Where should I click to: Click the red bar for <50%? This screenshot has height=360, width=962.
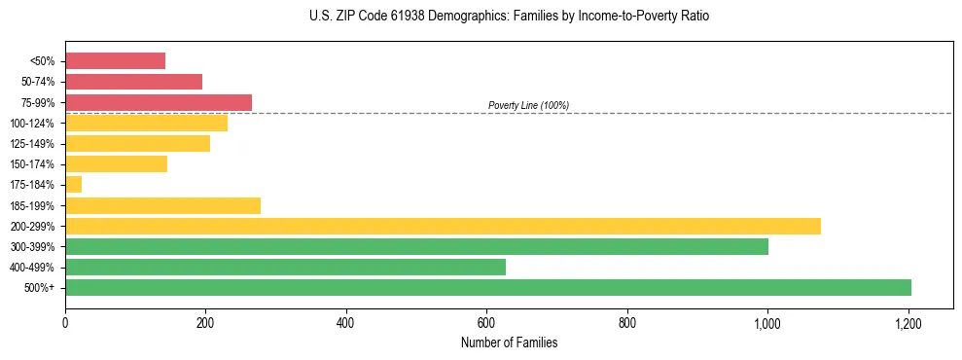coord(115,61)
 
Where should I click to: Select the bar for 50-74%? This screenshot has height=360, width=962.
coord(133,82)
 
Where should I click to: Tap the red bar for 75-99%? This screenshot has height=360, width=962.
coord(159,102)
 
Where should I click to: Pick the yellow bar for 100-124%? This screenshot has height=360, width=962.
coord(146,123)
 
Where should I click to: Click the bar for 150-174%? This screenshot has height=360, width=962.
coord(116,164)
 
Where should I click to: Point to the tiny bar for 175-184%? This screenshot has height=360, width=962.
coord(74,185)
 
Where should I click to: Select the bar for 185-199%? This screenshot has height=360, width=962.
coord(162,205)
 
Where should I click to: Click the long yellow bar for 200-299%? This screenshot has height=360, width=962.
coord(443,226)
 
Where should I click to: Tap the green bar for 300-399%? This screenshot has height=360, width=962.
coord(416,246)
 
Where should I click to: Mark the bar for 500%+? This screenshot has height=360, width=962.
coord(488,288)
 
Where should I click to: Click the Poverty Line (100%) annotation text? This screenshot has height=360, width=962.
coord(528,105)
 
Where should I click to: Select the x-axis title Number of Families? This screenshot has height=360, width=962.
coord(509,342)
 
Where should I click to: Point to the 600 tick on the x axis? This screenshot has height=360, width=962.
coord(486,322)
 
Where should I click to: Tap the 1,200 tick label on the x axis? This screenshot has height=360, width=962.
coord(909,322)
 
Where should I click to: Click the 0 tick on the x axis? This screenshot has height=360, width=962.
coord(65,322)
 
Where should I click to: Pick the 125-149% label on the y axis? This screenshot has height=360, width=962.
coord(32,144)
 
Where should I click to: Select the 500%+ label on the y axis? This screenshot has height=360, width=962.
coord(39,288)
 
